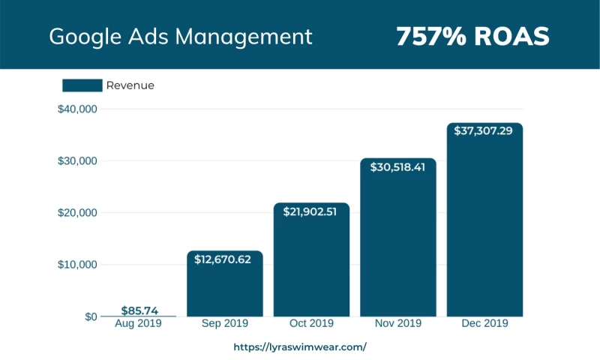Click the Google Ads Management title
tap(180, 36)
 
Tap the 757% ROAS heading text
tap(472, 36)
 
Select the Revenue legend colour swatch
tap(82, 85)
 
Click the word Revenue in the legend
tap(130, 85)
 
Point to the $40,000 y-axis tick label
tap(77, 109)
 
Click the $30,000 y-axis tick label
tap(77, 161)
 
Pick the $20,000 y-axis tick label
tap(77, 213)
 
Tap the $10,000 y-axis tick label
tap(77, 265)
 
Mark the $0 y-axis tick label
tap(90, 316)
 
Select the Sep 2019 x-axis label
tap(224, 324)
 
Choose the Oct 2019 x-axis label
tap(311, 324)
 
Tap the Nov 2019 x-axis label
tap(398, 324)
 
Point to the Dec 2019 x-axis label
tap(485, 324)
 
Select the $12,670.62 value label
tap(224, 259)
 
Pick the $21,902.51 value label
tap(311, 211)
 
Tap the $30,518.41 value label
tap(398, 167)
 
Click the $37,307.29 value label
tap(485, 131)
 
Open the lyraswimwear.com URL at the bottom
tap(300, 347)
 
